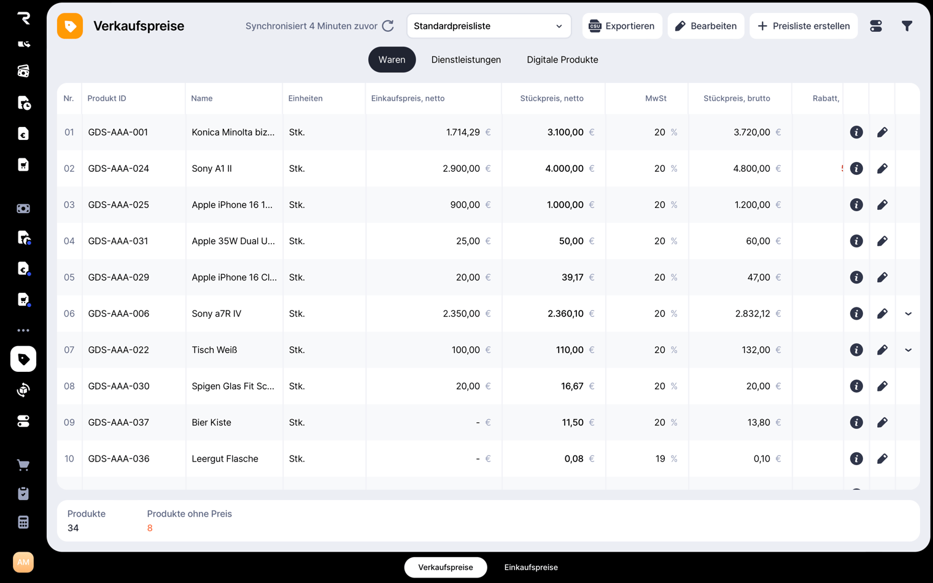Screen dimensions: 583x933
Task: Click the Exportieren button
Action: click(x=622, y=26)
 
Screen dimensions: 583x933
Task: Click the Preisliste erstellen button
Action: click(x=803, y=26)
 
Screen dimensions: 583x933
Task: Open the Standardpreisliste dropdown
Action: click(x=489, y=26)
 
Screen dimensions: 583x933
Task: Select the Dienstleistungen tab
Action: click(x=466, y=60)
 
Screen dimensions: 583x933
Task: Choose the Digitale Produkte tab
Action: click(x=562, y=60)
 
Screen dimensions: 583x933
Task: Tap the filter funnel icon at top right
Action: click(x=907, y=26)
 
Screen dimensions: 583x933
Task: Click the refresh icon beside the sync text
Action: click(x=388, y=26)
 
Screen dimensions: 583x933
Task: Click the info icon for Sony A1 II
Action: click(x=856, y=168)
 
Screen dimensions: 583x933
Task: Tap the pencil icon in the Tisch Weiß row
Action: click(x=882, y=350)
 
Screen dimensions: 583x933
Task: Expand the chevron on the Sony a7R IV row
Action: click(x=908, y=314)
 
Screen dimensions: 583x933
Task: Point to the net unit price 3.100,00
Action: click(x=565, y=132)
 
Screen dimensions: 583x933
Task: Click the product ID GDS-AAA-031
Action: click(x=118, y=241)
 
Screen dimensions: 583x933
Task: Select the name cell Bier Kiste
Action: click(x=211, y=422)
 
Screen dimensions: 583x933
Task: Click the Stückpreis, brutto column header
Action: click(x=737, y=98)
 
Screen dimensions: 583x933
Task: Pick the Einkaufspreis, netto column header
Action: click(x=408, y=98)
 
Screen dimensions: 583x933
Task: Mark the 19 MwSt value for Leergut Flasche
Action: click(x=660, y=458)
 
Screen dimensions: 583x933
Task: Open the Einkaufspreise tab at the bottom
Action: click(x=531, y=567)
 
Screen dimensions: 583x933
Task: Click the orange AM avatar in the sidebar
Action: click(x=23, y=562)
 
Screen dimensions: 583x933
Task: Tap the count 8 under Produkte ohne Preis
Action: click(x=150, y=528)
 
